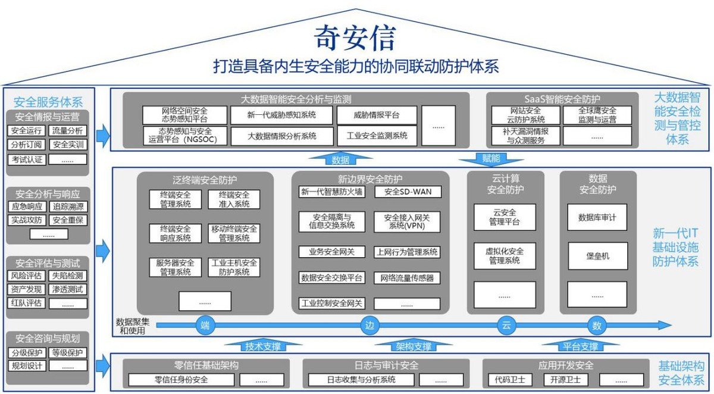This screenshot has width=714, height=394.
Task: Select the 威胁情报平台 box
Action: (x=377, y=115)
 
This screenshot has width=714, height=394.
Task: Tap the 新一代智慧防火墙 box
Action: (x=331, y=192)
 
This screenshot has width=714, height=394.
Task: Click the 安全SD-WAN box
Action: (x=408, y=192)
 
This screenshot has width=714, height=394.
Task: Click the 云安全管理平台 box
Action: (x=505, y=218)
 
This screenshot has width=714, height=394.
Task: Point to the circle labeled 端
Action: (x=205, y=326)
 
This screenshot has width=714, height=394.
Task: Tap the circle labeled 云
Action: (x=506, y=326)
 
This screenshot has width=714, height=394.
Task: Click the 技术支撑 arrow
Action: (x=263, y=346)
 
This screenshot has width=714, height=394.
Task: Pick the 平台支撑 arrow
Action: (x=580, y=346)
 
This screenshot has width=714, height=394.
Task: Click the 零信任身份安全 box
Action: (x=181, y=380)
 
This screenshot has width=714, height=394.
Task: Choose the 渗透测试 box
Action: (x=68, y=290)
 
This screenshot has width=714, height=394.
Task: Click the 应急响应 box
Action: (x=27, y=207)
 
